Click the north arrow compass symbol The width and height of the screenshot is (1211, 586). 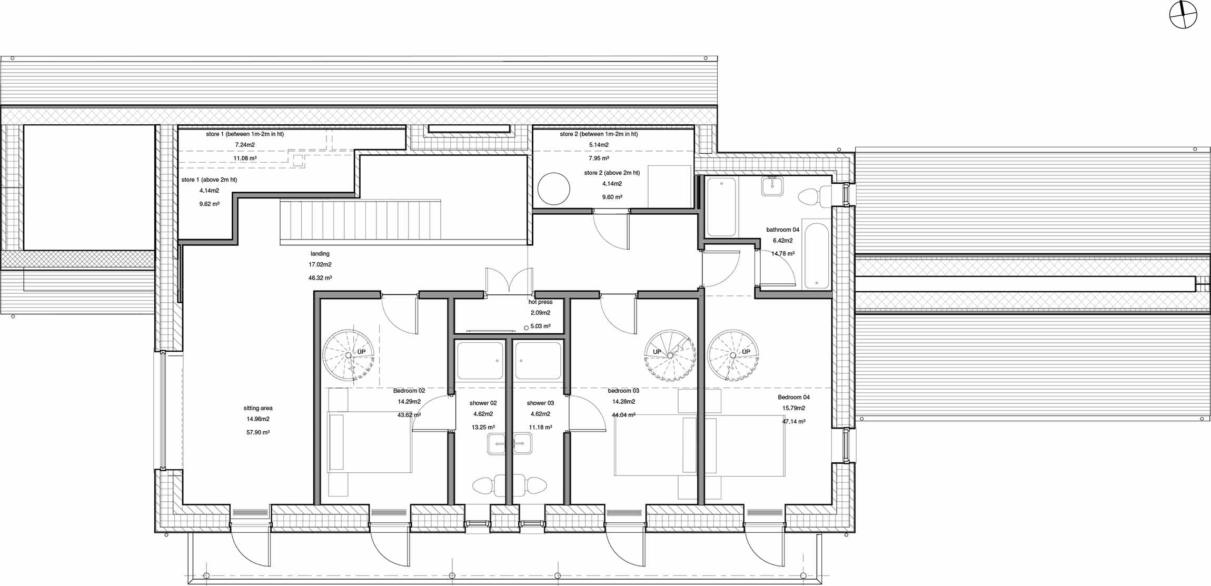pos(1183,15)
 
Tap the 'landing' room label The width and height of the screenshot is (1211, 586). pos(320,254)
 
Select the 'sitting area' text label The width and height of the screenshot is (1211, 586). pos(258,408)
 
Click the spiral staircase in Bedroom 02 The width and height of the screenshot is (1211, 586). pos(349,355)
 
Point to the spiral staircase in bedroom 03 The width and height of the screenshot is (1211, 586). pos(670,355)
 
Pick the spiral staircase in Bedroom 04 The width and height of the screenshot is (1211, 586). pos(733,355)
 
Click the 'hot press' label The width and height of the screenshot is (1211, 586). pos(540,302)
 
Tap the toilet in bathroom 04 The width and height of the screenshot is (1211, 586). pos(814,196)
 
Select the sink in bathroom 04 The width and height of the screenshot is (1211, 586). pos(772,186)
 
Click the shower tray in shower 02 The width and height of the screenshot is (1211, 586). pos(480,361)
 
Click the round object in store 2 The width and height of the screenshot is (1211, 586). pos(553,188)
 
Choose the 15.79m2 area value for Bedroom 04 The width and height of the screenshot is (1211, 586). pos(793,408)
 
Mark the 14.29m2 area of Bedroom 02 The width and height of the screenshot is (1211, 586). pos(409,402)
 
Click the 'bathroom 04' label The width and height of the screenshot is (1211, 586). pos(782,230)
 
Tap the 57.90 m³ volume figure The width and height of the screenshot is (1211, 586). pos(258,432)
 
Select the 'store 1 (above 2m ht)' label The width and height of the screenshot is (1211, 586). pos(209,180)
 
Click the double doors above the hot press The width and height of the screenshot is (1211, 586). pos(509,280)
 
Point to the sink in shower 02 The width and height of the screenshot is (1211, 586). pos(497,444)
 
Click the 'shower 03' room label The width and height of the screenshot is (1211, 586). pos(540,403)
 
